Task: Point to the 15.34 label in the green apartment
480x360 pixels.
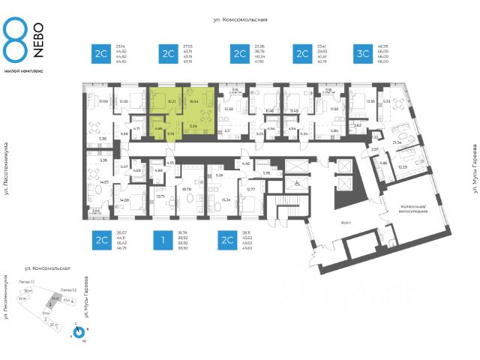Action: tap(194, 100)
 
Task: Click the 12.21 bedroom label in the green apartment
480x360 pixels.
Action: tap(172, 100)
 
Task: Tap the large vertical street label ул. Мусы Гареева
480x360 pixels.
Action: tap(473, 169)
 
